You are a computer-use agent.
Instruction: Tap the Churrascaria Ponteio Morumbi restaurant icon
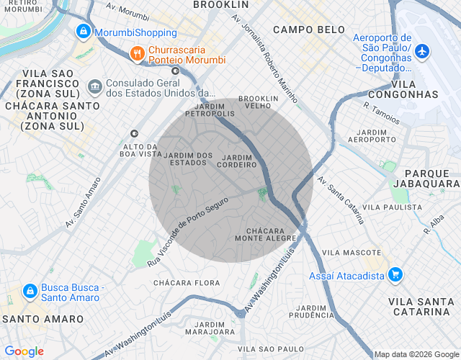tap(135, 53)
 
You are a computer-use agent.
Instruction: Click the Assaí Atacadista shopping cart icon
tap(395, 274)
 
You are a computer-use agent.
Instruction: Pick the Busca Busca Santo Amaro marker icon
tap(30, 291)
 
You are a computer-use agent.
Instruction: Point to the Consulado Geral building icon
tap(94, 87)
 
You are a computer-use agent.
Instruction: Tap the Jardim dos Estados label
tap(189, 158)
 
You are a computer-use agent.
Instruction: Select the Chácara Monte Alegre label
tap(265, 234)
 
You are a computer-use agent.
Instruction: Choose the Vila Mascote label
tap(352, 253)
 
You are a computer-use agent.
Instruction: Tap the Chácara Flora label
tap(187, 282)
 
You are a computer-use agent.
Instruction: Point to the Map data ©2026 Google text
tap(416, 354)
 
